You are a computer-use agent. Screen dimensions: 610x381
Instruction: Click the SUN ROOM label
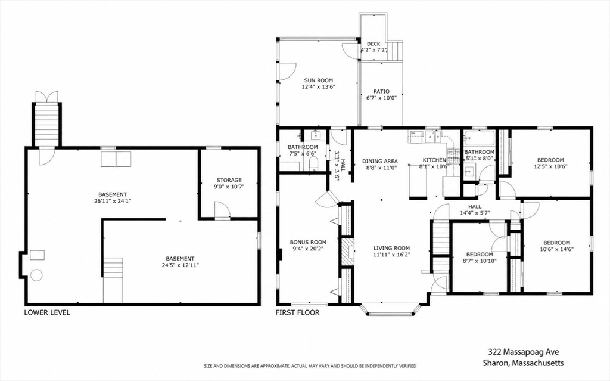[318, 80]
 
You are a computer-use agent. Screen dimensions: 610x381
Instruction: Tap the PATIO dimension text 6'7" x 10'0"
[381, 98]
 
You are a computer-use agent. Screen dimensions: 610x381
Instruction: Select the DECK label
[374, 44]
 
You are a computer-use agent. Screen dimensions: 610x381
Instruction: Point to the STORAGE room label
[229, 181]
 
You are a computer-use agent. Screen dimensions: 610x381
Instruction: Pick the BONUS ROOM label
[308, 242]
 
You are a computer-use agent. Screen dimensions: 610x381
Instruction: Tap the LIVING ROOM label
[391, 248]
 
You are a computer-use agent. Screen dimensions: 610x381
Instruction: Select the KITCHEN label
[434, 160]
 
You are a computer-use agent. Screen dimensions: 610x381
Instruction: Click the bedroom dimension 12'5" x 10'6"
[550, 166]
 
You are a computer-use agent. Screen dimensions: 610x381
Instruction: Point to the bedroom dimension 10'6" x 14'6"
[557, 249]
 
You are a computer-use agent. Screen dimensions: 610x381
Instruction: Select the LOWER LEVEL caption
[47, 312]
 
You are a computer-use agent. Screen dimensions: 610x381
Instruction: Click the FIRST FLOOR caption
[298, 312]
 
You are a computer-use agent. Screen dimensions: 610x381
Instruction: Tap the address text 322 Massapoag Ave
[524, 352]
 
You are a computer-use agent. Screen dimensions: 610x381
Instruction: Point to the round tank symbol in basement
[36, 275]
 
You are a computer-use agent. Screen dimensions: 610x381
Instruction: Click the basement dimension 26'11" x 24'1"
[113, 201]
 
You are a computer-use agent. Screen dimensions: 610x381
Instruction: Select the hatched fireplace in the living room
[347, 252]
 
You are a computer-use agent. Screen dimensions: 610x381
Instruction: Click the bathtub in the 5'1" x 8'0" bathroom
[480, 138]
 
